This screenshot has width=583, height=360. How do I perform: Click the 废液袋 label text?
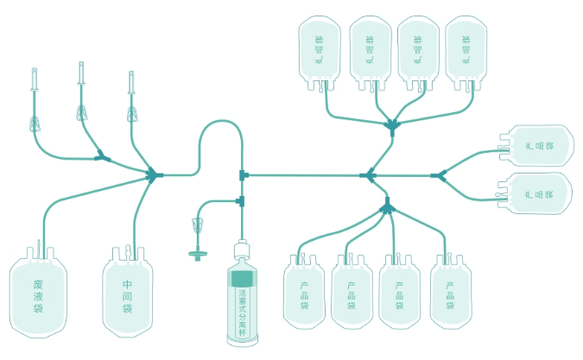pos(38,296)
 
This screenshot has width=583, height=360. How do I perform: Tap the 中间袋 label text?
pos(127,295)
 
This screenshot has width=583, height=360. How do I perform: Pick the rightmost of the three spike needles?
pos(131,83)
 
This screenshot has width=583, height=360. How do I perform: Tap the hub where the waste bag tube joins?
pos(154,174)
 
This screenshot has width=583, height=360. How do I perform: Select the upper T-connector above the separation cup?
pos(244,175)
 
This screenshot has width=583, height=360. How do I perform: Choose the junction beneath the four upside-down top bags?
pos(393,126)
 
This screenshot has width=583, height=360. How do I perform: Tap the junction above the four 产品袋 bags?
pos(386,206)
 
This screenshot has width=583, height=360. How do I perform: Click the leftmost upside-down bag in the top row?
pos(319,51)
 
